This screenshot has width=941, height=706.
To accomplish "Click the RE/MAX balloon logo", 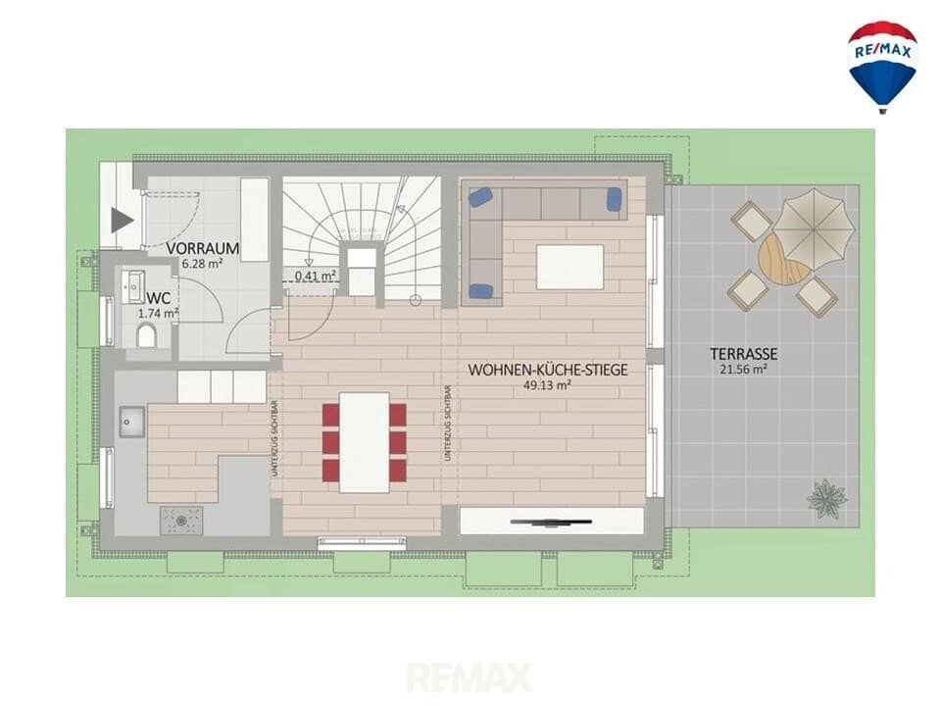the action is click(881, 67).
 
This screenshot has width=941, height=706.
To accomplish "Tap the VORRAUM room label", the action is click(203, 248).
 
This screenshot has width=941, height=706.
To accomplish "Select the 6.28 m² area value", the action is click(202, 263).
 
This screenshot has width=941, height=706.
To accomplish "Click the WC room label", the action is click(159, 298).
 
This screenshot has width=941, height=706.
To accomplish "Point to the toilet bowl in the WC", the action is click(146, 336).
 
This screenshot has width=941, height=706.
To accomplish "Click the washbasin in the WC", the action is click(133, 286).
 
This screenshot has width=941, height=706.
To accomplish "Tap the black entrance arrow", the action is click(123, 222).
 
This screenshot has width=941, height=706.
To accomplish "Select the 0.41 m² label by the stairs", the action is click(315, 276).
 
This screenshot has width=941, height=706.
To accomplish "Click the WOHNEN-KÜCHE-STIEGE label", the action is click(547, 370).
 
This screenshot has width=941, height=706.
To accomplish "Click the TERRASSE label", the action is click(744, 354).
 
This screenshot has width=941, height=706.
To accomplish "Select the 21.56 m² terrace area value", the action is click(744, 370).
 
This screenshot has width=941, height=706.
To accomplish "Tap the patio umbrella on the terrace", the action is click(814, 227).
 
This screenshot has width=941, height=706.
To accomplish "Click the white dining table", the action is click(365, 442).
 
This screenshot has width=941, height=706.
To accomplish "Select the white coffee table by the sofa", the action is click(570, 267).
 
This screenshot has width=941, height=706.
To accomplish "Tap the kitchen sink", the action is click(131, 422).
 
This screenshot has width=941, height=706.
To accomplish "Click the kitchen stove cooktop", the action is click(181, 520).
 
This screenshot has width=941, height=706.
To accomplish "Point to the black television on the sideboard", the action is click(551, 523).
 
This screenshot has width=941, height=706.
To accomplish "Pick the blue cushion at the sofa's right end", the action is click(616, 198).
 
